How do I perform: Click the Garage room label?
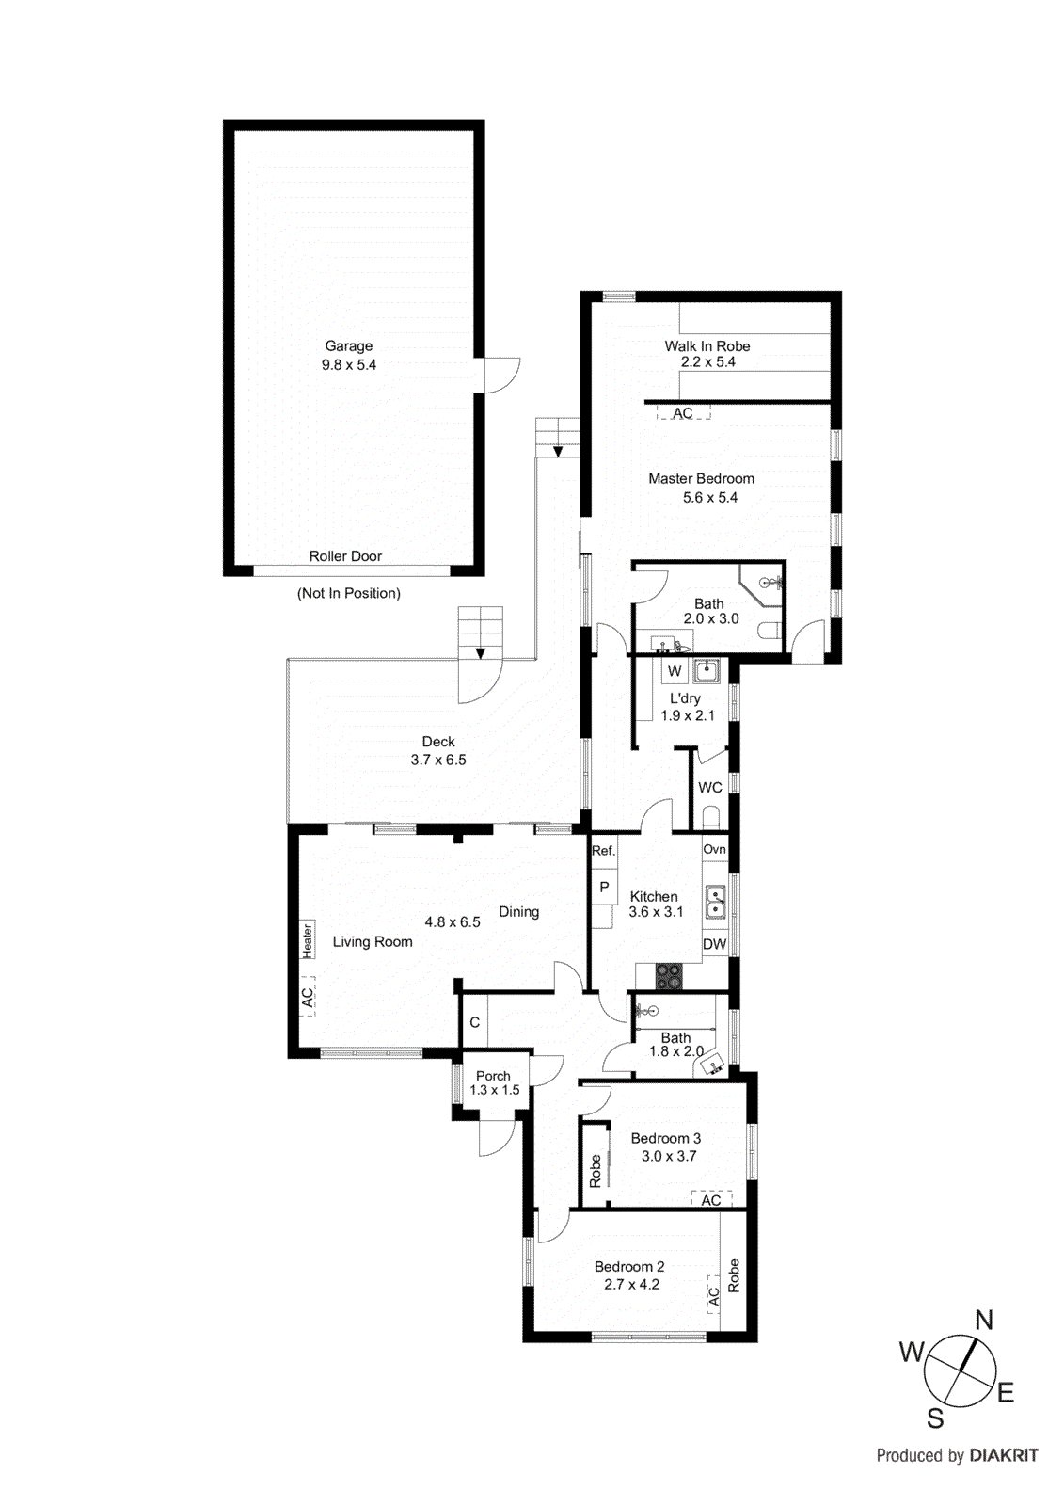[348, 346]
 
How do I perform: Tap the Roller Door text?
[345, 556]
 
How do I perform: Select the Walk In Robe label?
[707, 346]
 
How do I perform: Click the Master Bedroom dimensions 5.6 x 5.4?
[709, 497]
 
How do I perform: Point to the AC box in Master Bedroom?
[683, 413]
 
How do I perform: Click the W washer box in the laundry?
[675, 671]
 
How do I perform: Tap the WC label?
[710, 787]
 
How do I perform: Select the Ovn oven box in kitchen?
[714, 849]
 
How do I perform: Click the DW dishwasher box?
[714, 944]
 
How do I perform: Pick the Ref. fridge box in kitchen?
[603, 850]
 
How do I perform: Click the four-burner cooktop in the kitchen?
[669, 977]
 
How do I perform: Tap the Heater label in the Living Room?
[308, 940]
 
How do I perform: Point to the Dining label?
[518, 911]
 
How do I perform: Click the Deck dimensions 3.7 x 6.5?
[438, 760]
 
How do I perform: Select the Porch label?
[493, 1076]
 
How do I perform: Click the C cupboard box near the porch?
[475, 1023]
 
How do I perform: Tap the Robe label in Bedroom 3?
[596, 1170]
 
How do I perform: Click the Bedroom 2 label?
[629, 1266]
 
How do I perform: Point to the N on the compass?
[983, 1320]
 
